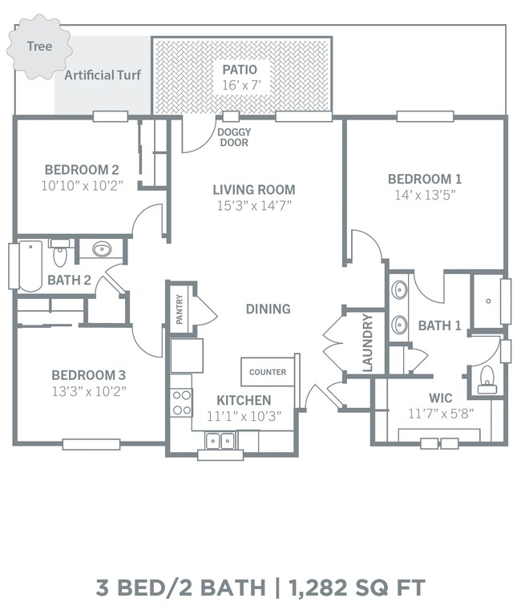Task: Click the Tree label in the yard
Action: (x=39, y=46)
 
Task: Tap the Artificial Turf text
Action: (x=103, y=75)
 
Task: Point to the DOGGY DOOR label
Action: (x=234, y=137)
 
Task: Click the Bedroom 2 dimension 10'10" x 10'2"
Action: (x=82, y=186)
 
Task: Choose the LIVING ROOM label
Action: (x=254, y=190)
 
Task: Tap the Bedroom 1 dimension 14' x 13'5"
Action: (x=425, y=195)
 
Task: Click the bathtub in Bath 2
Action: (x=30, y=266)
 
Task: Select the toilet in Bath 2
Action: (x=60, y=252)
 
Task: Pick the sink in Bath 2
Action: (x=102, y=249)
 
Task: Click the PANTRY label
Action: (x=180, y=309)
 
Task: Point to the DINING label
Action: (x=269, y=309)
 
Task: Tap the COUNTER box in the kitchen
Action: (x=268, y=372)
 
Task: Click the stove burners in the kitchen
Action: (x=181, y=402)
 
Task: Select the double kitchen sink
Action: (x=220, y=441)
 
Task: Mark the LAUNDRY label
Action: (x=368, y=342)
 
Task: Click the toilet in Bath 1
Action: (x=487, y=379)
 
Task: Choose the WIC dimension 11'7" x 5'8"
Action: (x=441, y=414)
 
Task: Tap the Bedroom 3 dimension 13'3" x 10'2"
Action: (x=89, y=391)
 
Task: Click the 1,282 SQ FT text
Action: (x=357, y=588)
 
